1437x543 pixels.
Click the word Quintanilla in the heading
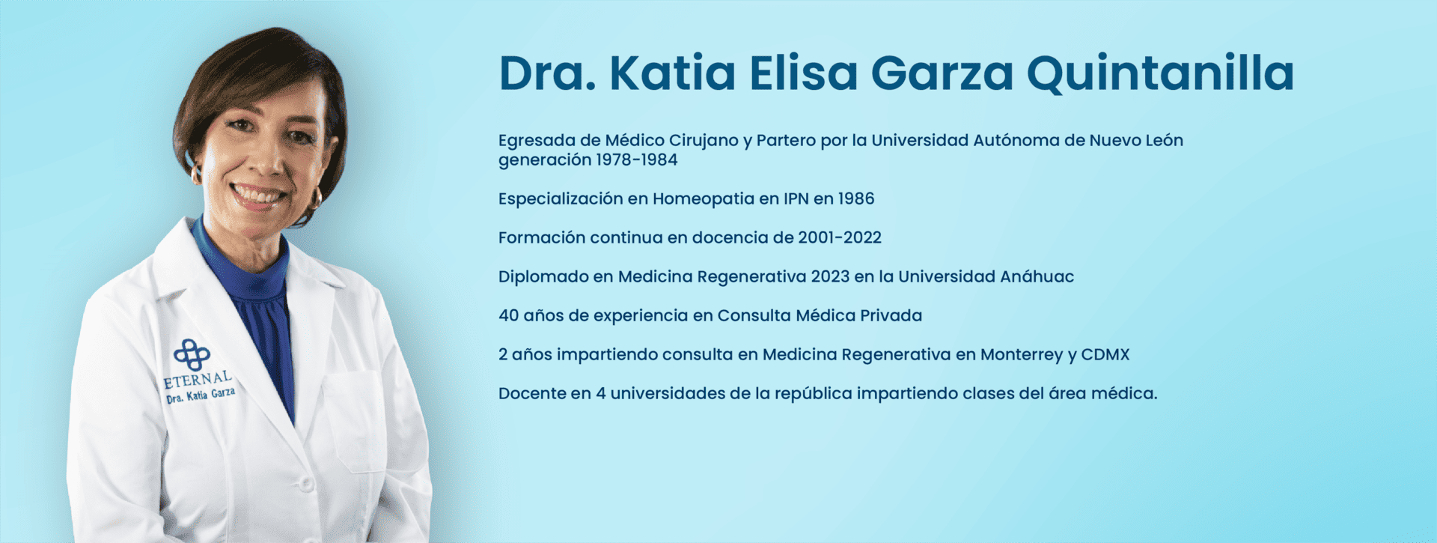coord(1159,74)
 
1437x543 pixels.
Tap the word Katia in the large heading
coord(672,73)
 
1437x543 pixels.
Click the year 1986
coord(855,198)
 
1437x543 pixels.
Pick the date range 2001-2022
coord(840,237)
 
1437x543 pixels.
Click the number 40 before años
coord(508,315)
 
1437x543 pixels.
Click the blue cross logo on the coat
coord(192,354)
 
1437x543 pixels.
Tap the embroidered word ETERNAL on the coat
coord(198,379)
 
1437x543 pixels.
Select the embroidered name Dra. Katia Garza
coord(201,395)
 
